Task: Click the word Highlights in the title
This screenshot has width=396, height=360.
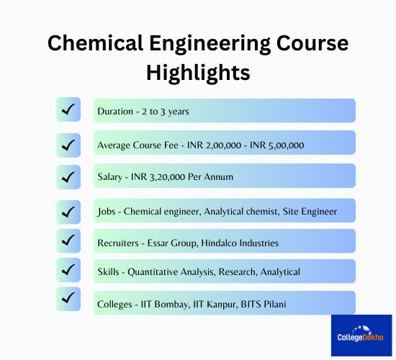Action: (x=198, y=73)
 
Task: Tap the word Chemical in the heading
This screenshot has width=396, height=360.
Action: (x=96, y=43)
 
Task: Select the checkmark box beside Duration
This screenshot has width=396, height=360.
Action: (x=68, y=109)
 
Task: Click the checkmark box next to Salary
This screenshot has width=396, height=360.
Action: (x=68, y=177)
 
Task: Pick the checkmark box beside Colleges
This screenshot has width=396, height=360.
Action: (x=68, y=299)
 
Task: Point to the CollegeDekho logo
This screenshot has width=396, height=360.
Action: (x=361, y=336)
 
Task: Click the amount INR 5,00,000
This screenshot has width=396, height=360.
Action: (x=276, y=145)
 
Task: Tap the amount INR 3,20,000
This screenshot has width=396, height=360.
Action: (x=158, y=177)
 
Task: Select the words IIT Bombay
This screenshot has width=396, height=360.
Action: (x=166, y=305)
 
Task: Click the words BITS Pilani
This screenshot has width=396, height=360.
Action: (x=264, y=304)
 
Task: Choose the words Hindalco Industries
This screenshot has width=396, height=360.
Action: (x=240, y=243)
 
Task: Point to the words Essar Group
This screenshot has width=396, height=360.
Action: (x=173, y=243)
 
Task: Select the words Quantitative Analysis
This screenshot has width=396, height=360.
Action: (x=171, y=272)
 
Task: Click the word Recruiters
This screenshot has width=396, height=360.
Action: (x=118, y=243)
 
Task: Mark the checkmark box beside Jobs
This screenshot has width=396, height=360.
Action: (x=68, y=212)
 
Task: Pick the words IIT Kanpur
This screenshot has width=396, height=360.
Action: (x=215, y=305)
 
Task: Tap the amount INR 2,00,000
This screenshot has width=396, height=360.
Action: (x=214, y=145)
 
